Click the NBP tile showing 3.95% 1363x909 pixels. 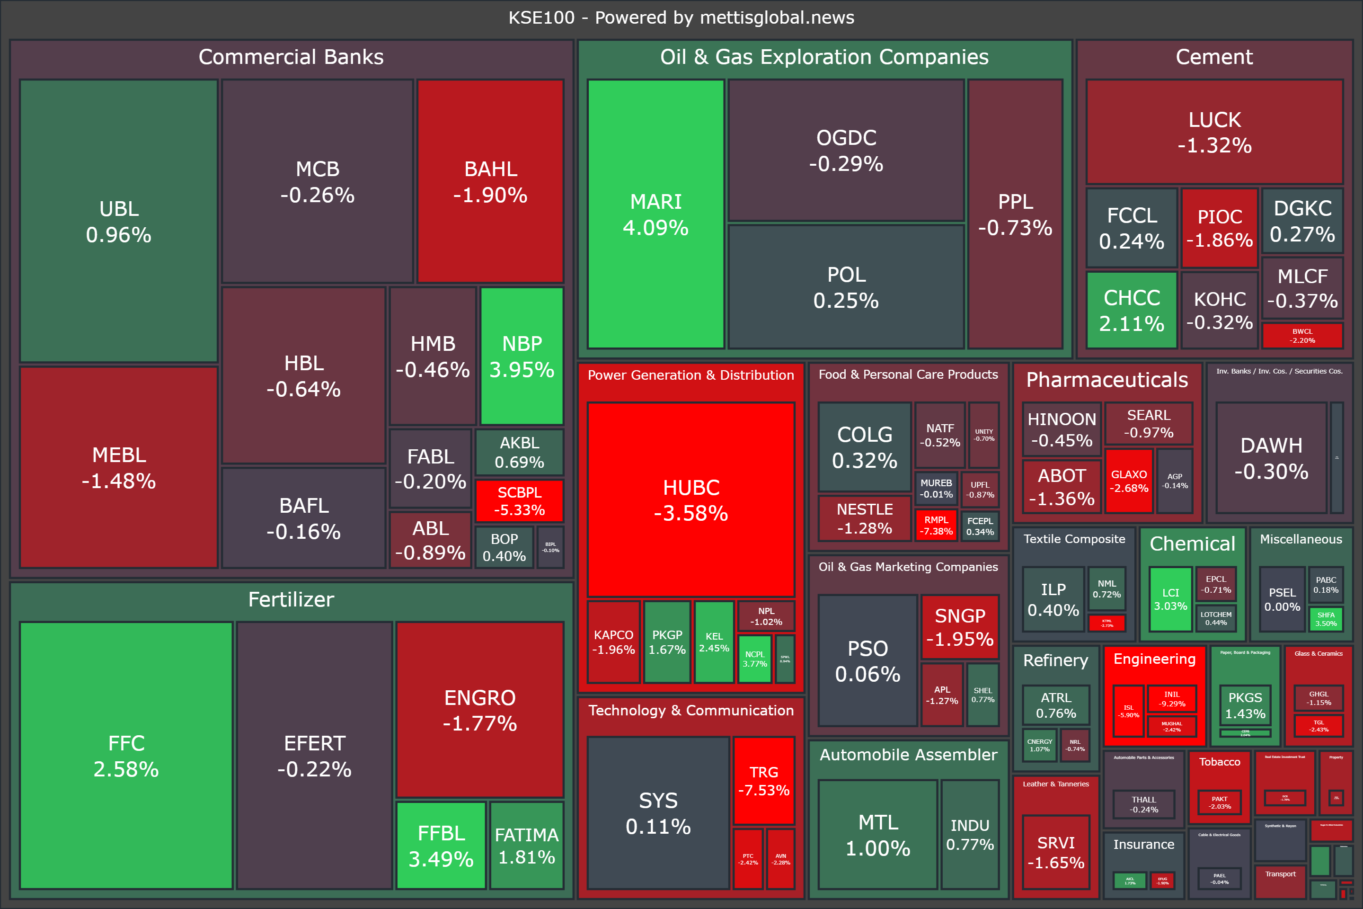point(522,356)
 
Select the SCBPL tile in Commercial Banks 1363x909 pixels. point(519,501)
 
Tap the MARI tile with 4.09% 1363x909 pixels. point(655,214)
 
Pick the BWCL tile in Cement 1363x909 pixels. point(1302,336)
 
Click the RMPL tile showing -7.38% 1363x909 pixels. point(936,525)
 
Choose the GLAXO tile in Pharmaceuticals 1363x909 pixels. point(1128,481)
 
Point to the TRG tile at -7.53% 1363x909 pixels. point(763,780)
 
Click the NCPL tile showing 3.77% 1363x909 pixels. point(754,659)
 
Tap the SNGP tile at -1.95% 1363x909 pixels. point(960,627)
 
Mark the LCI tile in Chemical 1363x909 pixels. point(1170,599)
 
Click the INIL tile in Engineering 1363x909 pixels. point(1171,699)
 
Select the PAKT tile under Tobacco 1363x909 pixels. point(1219,802)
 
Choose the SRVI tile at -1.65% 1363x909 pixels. point(1055,852)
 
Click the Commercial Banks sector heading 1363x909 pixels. point(291,57)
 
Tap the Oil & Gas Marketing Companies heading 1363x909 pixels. point(908,567)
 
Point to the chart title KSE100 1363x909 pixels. point(681,18)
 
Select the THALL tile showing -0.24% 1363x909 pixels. point(1143,804)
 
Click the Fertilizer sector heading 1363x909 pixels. point(291,599)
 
